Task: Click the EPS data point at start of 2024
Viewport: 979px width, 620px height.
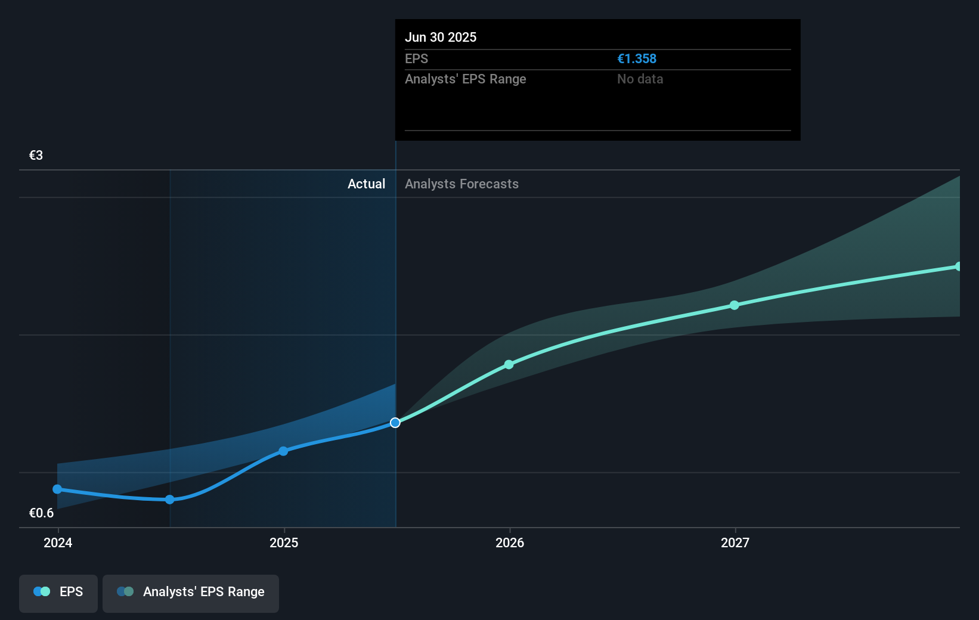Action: coord(57,489)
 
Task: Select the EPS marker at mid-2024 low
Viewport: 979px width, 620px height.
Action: coord(170,500)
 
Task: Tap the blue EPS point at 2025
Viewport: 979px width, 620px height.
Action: coord(283,451)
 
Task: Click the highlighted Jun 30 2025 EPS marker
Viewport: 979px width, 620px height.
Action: coord(395,423)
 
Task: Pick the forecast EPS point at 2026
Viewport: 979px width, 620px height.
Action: coord(509,364)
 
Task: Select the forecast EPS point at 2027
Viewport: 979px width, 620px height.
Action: coord(735,305)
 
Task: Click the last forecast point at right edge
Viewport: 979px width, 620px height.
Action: coord(958,266)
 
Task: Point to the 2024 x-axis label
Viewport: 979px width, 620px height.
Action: coord(58,542)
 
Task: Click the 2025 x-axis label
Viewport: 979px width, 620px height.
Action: coord(284,542)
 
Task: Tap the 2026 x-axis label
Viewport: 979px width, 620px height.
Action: coord(510,542)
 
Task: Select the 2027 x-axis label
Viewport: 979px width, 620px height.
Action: coord(735,542)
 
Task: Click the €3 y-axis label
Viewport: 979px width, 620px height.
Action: coord(36,156)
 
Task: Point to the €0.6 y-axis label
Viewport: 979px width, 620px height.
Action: coord(41,513)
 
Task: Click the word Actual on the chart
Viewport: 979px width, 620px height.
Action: coord(366,184)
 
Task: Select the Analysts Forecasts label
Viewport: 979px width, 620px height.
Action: coord(461,184)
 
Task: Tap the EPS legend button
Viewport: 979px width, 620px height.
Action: coord(58,592)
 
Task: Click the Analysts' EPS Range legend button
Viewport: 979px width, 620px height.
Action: coord(191,592)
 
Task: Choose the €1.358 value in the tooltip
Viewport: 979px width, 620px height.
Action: coord(636,59)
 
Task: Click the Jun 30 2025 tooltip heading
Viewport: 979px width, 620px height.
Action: coord(441,38)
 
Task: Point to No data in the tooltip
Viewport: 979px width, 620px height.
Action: coord(640,79)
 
